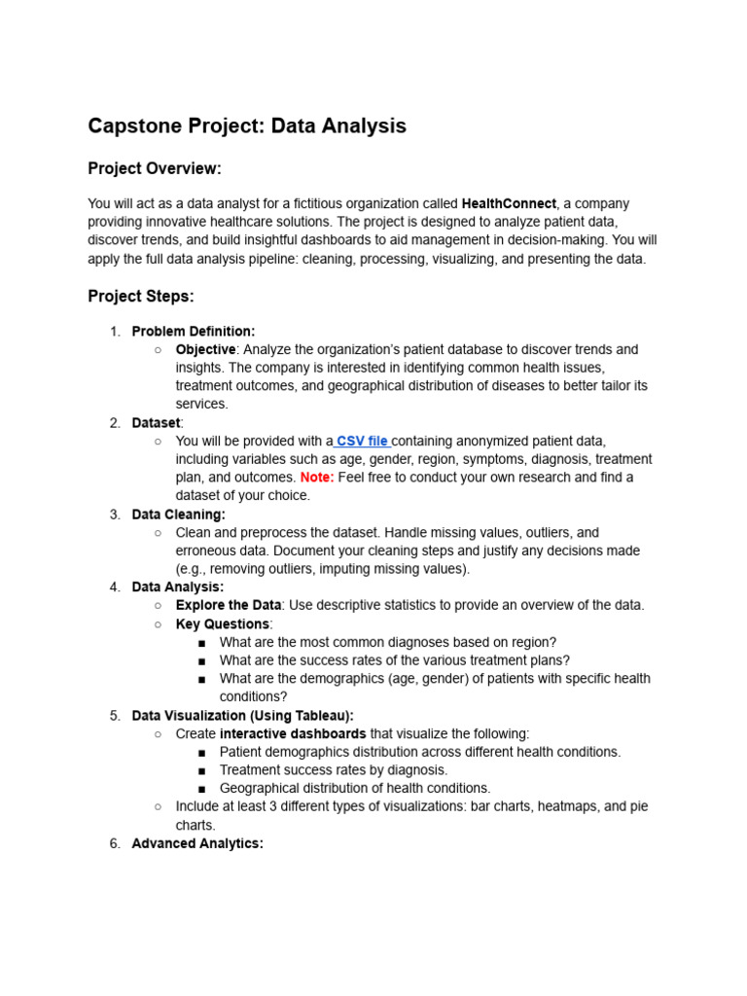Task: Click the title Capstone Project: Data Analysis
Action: tap(247, 125)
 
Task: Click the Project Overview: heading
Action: tap(155, 169)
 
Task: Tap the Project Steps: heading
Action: tap(141, 297)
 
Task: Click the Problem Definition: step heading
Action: tap(194, 332)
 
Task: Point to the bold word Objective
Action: tap(205, 349)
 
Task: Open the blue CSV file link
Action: tap(362, 441)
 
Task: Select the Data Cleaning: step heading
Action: tap(178, 515)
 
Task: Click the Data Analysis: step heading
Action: tap(178, 587)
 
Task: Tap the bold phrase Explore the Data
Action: tap(229, 605)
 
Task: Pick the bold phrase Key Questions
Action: tap(222, 623)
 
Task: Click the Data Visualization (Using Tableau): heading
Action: tap(242, 716)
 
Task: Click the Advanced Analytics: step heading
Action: tap(197, 843)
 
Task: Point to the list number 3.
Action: tap(114, 515)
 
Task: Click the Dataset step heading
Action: tap(156, 423)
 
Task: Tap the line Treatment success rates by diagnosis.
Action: tap(334, 770)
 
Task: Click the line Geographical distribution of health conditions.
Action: tap(355, 788)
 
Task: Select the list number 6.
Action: tap(114, 843)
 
